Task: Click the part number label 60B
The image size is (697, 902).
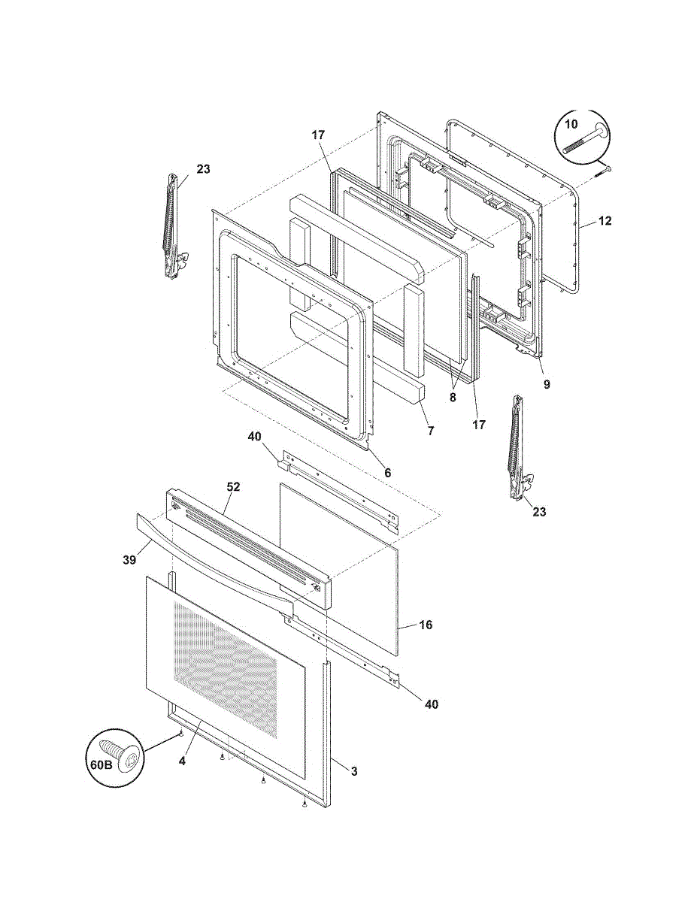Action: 102,764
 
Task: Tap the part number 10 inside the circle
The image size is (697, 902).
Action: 571,124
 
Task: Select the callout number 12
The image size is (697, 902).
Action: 605,221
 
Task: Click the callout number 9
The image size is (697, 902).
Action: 547,384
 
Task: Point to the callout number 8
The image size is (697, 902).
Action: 453,397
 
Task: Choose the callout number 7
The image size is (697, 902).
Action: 431,431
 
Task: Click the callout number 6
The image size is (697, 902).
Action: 388,473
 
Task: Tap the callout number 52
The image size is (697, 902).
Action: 233,487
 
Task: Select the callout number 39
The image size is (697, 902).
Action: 129,560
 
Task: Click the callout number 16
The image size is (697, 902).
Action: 426,637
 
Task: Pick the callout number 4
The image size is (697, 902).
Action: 182,761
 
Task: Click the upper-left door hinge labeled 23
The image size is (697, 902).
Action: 174,226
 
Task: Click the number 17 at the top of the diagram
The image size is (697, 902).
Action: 318,135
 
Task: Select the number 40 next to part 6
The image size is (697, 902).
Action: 254,436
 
